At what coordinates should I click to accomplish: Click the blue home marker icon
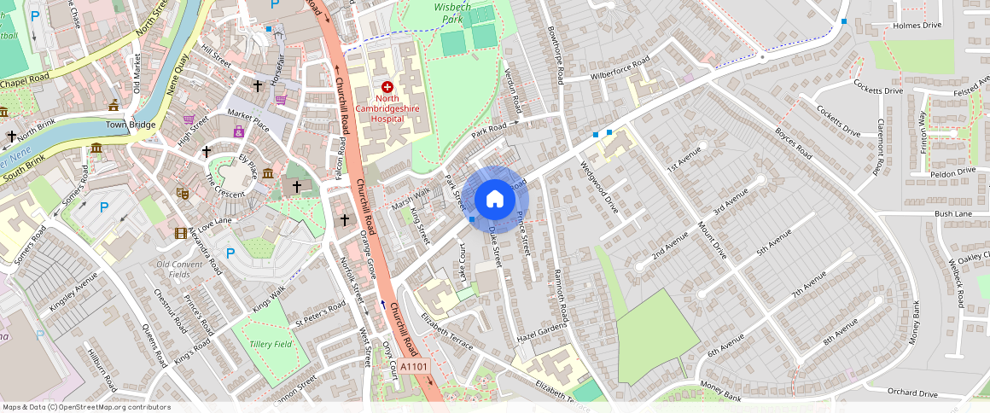pos(494,201)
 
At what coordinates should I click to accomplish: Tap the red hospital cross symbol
pos(387,87)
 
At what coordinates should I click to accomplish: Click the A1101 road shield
pos(413,367)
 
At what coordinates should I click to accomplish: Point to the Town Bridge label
pos(131,125)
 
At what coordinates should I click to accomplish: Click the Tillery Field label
pos(271,344)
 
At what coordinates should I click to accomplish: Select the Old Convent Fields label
pos(179,269)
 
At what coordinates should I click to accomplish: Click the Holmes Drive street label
pos(917,26)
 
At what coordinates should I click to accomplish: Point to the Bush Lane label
pos(953,213)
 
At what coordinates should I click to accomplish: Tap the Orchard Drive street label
pos(911,393)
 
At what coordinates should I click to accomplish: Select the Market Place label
pos(247,128)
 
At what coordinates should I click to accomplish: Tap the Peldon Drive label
pos(952,172)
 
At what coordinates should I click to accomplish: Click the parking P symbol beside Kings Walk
pos(230,253)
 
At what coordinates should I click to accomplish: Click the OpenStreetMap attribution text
pos(86,407)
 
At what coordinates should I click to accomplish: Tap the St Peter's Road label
pos(320,313)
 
